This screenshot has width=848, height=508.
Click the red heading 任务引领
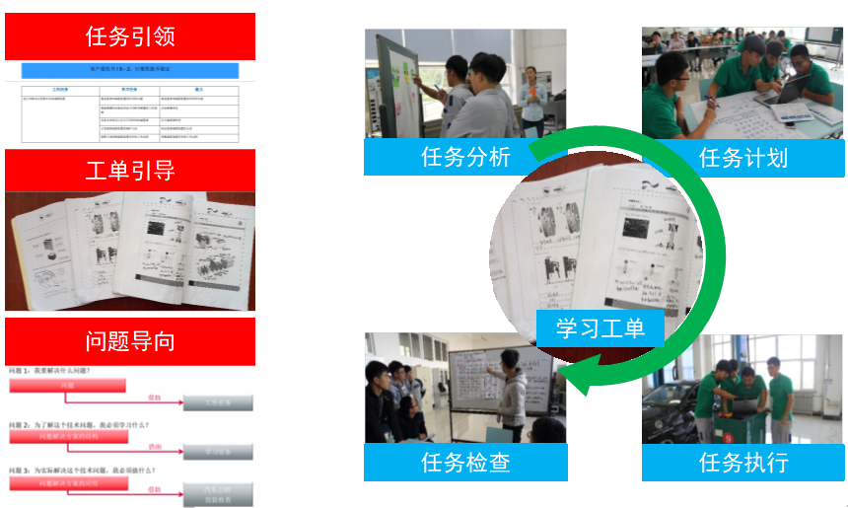coord(130,37)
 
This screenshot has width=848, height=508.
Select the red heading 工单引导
coord(130,170)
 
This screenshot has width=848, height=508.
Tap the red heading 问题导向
coord(130,341)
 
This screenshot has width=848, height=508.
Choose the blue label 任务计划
coord(742,157)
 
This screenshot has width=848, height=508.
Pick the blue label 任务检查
coord(464,462)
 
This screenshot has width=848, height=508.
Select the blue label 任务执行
coord(742,462)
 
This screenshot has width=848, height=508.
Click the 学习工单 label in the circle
coord(601,328)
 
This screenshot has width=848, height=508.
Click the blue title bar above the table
coord(130,71)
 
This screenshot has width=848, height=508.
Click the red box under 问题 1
coord(67,385)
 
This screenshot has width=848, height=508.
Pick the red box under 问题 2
coord(67,435)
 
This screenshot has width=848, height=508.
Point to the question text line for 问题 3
coord(79,471)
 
